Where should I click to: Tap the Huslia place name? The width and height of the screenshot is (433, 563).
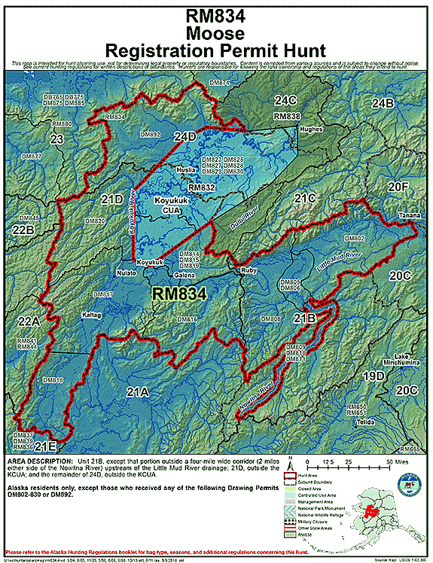pos(185,170)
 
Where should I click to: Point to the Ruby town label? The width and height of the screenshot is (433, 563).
pos(249,269)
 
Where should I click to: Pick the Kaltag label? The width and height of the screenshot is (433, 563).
pos(91,315)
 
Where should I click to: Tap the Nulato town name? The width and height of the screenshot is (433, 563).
pos(126,273)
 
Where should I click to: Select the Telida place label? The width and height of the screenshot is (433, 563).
pos(366,421)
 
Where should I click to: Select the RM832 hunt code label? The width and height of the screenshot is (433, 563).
pos(201,187)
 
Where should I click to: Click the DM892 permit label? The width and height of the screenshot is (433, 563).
pos(151,133)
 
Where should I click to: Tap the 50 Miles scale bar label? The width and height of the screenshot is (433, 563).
pos(398,458)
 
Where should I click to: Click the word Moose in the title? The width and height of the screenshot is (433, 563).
pos(216,35)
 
